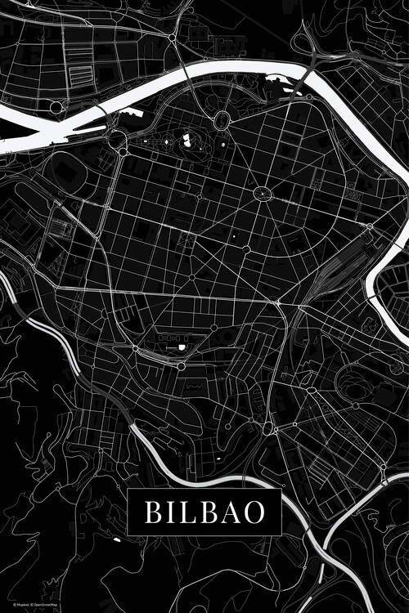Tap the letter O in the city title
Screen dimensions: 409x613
pyautogui.click(x=254, y=512)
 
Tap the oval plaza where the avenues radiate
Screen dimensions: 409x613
pyautogui.click(x=263, y=194)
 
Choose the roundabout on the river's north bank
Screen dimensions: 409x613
pyautogui.click(x=56, y=107)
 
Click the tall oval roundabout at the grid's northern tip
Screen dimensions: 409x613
pyautogui.click(x=221, y=121)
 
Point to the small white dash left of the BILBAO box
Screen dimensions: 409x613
pyautogui.click(x=116, y=539)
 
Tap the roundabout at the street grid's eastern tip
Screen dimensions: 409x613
pyautogui.click(x=370, y=226)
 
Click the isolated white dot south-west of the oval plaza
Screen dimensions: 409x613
pyautogui.click(x=245, y=247)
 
